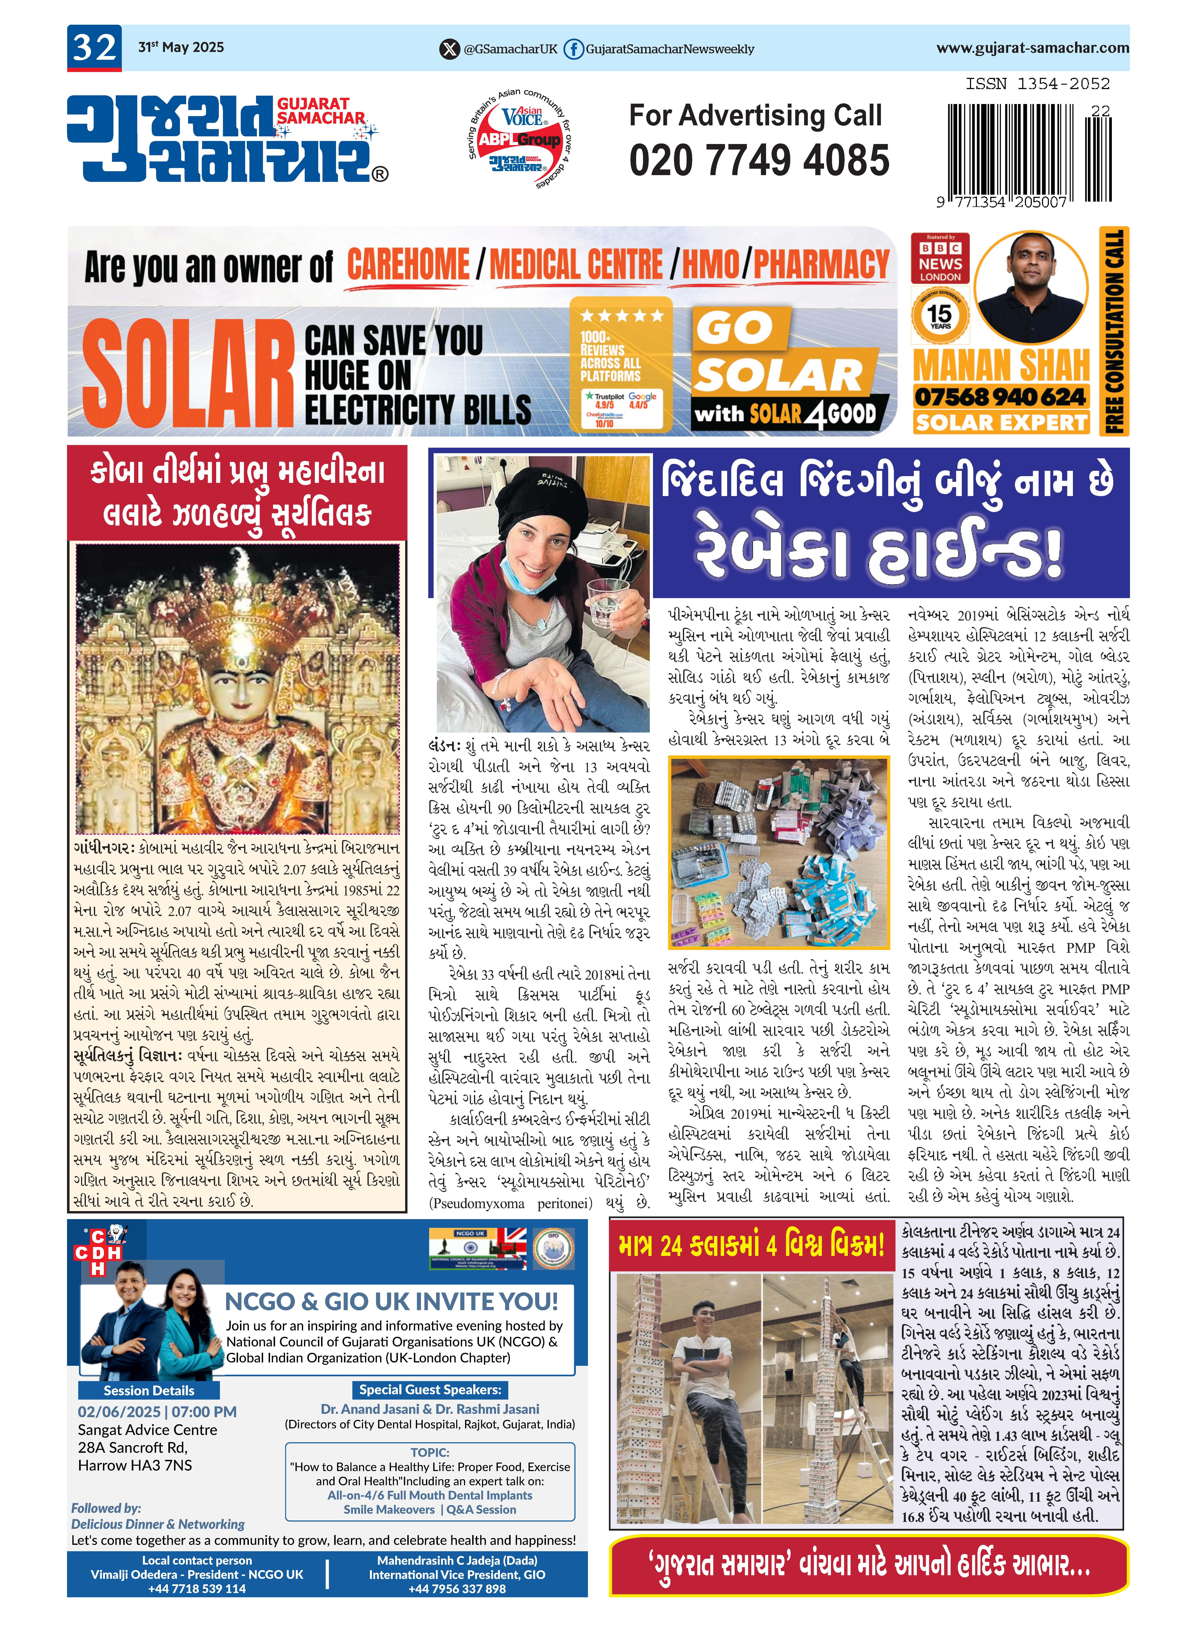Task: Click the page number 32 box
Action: (x=94, y=48)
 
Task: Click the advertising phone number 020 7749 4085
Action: (x=759, y=160)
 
